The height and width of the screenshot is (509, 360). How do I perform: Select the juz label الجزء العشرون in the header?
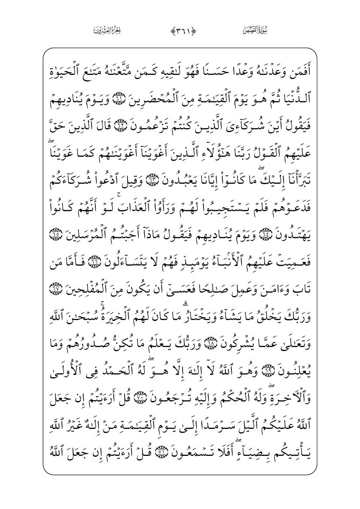[107, 30]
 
